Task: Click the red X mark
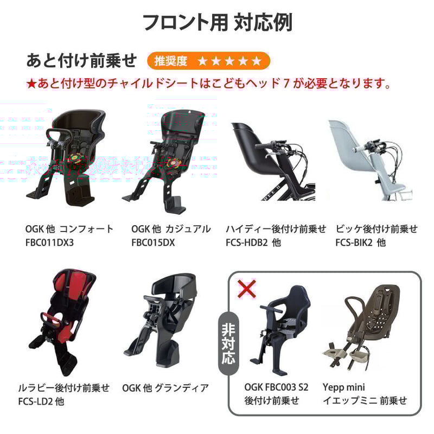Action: [247, 289]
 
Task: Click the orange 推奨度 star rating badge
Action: [208, 61]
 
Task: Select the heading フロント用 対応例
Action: [218, 22]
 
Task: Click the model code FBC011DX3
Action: [49, 242]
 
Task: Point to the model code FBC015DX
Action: [153, 242]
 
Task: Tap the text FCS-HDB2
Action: [247, 242]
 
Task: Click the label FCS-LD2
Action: [35, 401]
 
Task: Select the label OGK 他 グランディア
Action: [165, 388]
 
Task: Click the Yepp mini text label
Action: [343, 387]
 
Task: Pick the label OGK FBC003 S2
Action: [276, 387]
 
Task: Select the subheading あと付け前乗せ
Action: [81, 61]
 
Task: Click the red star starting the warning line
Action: [31, 84]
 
